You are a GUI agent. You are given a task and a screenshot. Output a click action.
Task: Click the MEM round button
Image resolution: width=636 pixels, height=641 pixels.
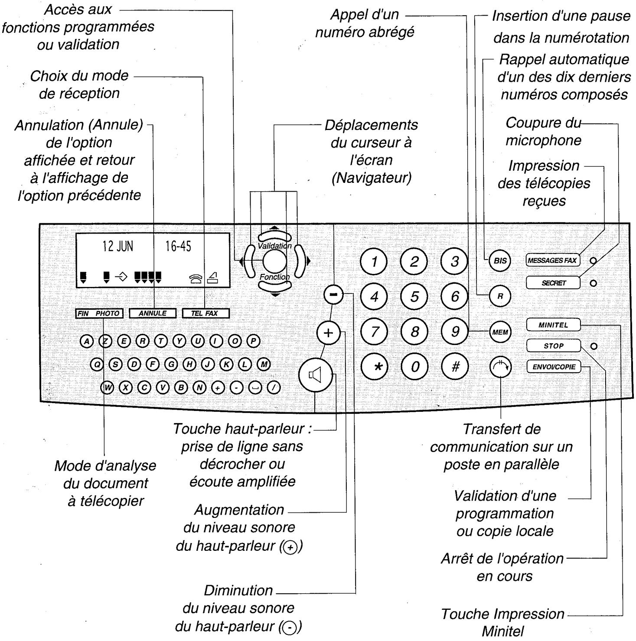(x=500, y=332)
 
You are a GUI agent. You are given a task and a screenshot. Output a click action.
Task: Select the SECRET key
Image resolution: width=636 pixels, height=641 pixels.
(x=553, y=283)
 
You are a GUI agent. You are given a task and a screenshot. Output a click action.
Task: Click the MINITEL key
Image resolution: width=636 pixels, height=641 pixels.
(x=553, y=325)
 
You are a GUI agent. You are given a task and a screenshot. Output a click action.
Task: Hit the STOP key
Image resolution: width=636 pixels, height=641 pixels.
(x=553, y=346)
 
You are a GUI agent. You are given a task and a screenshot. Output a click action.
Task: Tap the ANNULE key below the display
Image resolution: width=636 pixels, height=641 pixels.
(x=153, y=313)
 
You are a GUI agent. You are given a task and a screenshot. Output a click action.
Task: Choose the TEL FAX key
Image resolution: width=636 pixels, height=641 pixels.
(x=205, y=313)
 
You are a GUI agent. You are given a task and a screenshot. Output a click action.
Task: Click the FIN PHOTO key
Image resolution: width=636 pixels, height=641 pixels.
(x=99, y=313)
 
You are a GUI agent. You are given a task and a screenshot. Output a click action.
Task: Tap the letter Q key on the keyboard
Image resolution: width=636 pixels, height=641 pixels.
(x=97, y=364)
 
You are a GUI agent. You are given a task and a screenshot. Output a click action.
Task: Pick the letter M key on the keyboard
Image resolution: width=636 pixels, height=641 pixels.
(x=263, y=364)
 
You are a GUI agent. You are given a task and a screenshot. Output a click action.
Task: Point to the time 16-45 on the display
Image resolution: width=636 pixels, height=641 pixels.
(x=178, y=247)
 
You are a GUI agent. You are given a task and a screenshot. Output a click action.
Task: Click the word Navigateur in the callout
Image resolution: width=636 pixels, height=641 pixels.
(x=371, y=178)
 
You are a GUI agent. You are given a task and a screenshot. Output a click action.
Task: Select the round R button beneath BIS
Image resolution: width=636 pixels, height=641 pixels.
(x=500, y=297)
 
